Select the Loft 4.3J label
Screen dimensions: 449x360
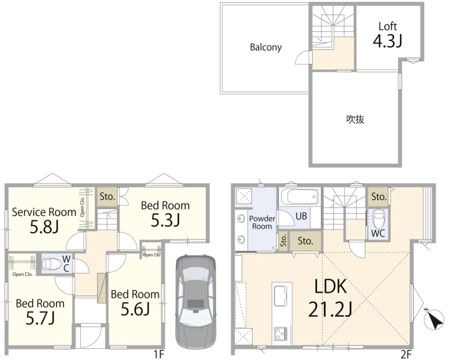point(388,34)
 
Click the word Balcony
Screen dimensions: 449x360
point(265,47)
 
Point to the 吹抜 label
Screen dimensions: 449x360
point(355,119)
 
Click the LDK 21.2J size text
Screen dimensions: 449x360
point(331,298)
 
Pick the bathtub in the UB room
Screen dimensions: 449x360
point(299,196)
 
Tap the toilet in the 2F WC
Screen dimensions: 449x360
point(378,218)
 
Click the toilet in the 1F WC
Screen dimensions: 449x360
point(52,264)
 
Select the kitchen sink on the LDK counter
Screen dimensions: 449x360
point(281,296)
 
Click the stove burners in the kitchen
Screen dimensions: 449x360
point(281,334)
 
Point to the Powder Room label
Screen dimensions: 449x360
point(262,223)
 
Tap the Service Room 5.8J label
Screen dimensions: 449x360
point(44,220)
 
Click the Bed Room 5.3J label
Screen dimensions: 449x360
point(165,213)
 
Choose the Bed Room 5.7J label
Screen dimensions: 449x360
point(40,311)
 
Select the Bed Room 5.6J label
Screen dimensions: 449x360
point(135,302)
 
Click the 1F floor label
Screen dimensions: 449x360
point(159,354)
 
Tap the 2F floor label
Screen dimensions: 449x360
point(406,354)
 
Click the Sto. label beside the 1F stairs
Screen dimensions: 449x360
point(107,197)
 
